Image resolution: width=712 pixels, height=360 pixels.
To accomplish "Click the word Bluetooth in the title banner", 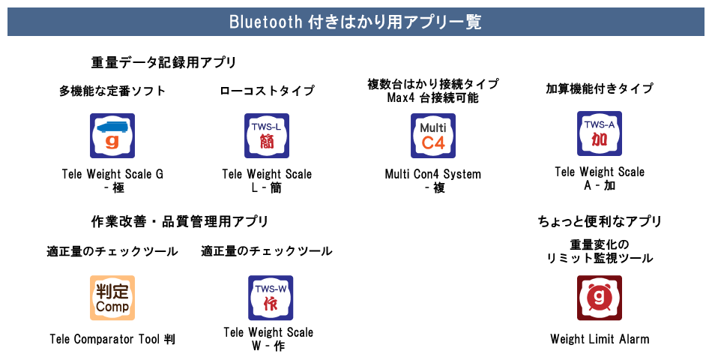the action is point(265,21).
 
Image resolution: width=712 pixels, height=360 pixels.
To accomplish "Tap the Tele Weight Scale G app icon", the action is point(112,136).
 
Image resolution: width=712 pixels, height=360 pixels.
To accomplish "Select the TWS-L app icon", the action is point(267,136).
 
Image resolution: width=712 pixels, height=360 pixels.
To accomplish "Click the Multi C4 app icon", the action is point(433,136).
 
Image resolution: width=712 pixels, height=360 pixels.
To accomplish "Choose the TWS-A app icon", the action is point(600,133).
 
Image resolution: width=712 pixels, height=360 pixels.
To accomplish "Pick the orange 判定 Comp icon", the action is point(112,298).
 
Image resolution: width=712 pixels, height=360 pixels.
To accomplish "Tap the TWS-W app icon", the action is point(271,298).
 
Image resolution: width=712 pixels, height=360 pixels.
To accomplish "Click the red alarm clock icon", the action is point(600,298).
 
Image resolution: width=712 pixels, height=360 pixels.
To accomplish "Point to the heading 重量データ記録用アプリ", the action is point(163,62).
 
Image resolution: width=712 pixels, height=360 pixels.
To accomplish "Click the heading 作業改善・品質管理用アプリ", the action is point(180,222).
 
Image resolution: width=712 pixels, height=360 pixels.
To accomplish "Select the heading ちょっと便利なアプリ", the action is point(600,221).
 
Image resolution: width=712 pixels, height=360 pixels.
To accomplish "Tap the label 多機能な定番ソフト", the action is point(112,91).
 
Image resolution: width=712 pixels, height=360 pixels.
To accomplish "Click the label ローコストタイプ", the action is point(267,91).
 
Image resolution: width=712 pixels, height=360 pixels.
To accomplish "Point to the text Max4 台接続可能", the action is point(432,97).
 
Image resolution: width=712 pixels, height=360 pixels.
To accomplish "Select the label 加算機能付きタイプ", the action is point(600,88).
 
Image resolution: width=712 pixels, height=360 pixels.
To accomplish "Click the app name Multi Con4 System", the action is point(432,174).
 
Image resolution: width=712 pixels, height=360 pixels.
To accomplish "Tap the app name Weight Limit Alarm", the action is point(600,339).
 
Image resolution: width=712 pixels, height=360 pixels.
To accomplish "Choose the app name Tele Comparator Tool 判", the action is point(112,339).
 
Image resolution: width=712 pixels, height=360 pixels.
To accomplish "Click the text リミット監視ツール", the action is point(600,258).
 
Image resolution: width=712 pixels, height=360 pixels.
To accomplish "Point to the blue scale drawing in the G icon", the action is point(113,127).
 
